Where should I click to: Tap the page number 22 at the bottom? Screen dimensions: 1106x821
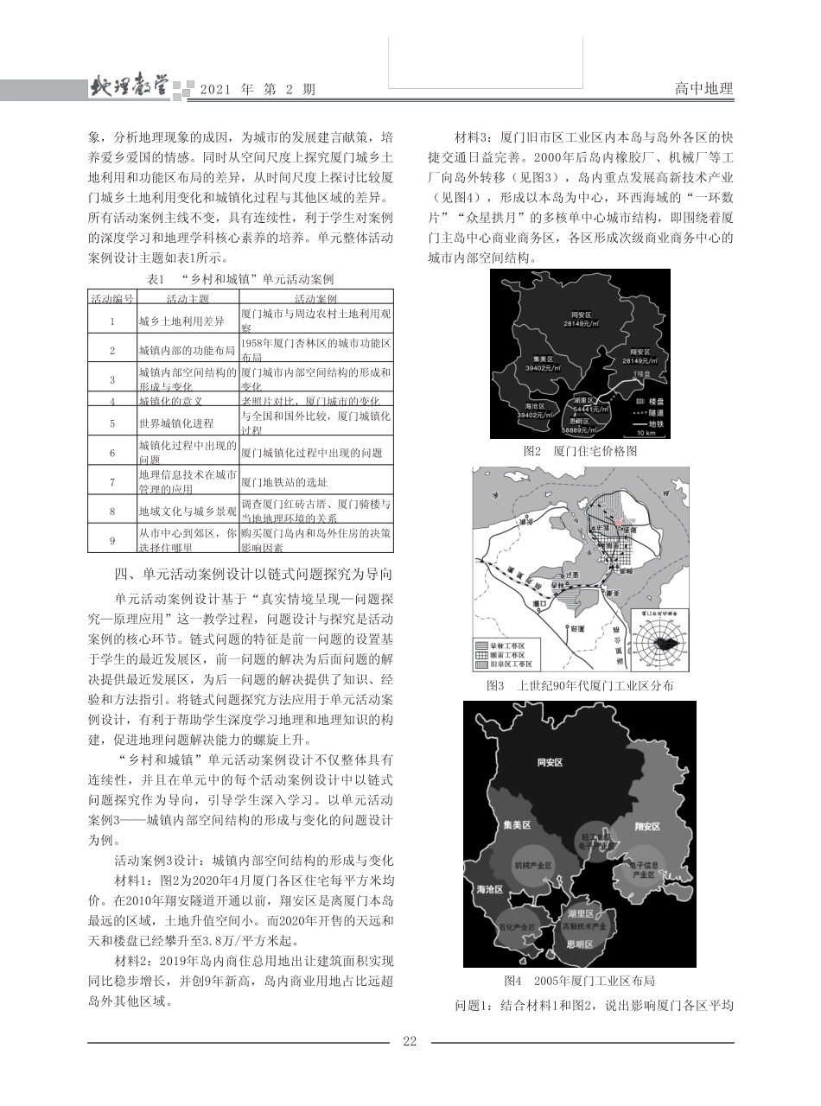pos(410,1041)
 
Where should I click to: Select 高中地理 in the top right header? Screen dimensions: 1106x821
pos(703,89)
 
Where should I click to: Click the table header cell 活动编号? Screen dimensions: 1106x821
pos(111,298)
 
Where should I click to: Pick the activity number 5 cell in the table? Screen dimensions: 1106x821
pos(111,423)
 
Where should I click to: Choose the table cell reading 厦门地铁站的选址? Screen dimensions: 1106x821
pos(276,481)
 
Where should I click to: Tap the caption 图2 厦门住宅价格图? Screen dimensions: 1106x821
pos(580,450)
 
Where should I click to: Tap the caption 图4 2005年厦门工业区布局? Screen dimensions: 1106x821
pos(579,981)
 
